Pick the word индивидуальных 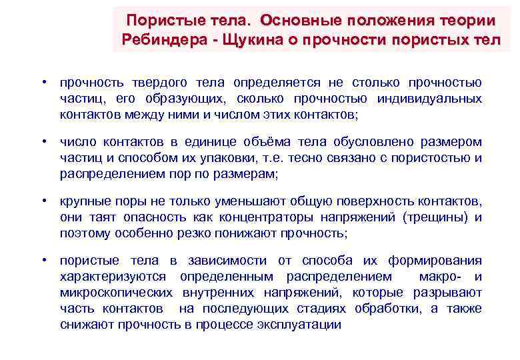tap(429, 99)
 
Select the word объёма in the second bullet tap(286, 143)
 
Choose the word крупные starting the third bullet tap(82, 201)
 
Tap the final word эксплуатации tap(304, 325)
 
